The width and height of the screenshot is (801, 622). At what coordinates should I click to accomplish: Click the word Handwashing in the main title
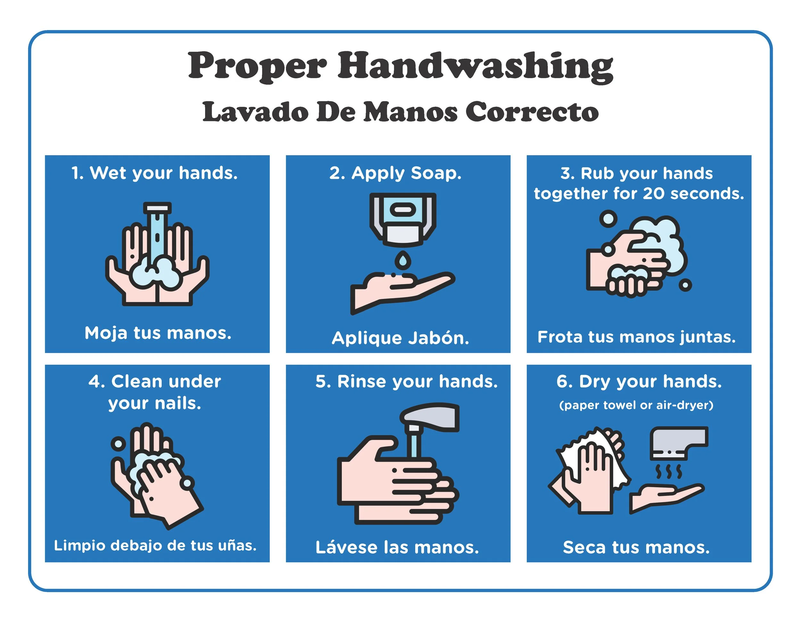475,66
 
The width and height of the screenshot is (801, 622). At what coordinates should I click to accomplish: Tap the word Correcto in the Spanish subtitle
532,112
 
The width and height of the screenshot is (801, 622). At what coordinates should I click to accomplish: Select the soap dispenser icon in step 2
403,219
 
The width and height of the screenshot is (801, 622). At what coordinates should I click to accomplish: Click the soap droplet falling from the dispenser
403,260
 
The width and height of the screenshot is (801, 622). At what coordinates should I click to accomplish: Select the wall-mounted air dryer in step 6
679,443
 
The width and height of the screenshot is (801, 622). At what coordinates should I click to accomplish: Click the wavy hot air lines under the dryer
669,472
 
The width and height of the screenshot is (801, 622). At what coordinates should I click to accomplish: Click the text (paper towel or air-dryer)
636,405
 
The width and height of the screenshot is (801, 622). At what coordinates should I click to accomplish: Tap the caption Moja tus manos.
158,333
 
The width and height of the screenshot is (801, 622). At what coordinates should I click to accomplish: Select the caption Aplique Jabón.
400,338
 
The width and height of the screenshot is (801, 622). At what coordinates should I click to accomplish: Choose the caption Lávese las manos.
397,547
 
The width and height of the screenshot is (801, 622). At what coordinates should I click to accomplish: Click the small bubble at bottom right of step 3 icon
685,285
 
